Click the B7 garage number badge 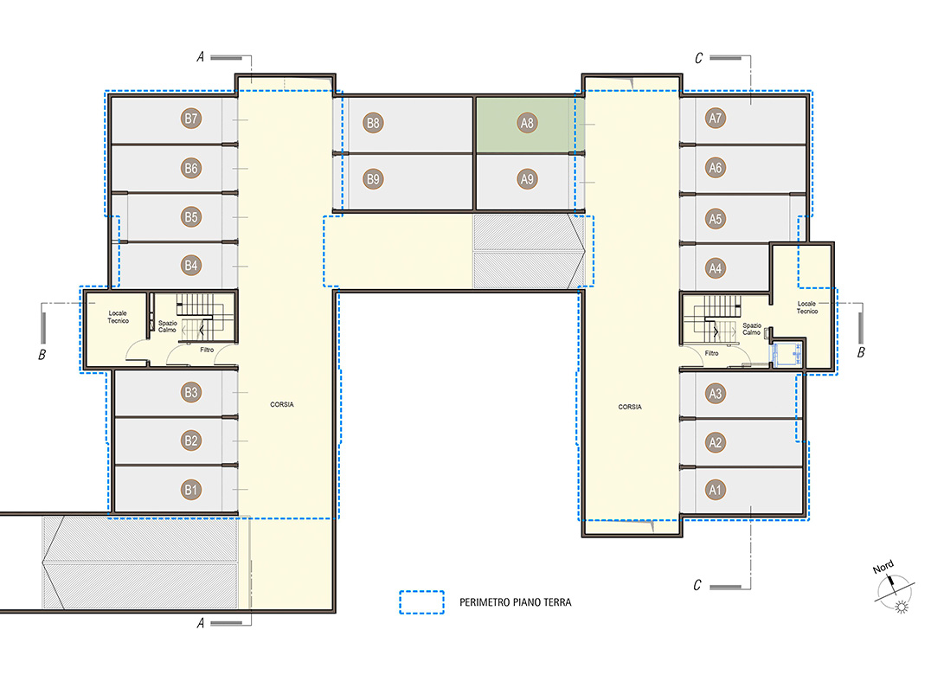coord(190,119)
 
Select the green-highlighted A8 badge coord(527,123)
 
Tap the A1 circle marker coord(716,490)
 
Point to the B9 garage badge coord(373,178)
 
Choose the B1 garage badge coord(190,490)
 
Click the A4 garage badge coord(716,268)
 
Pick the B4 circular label coord(190,266)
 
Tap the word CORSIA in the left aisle coord(282,404)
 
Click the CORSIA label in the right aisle coord(630,407)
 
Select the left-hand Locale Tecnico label coord(119,317)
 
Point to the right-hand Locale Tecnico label coord(807,307)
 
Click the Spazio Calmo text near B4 coord(168,326)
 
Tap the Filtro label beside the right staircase coord(711,353)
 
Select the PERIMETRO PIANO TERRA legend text coord(516,602)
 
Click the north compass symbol coord(895,592)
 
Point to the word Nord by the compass coord(883,567)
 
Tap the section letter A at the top coord(201,57)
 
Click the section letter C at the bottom coord(697,585)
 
